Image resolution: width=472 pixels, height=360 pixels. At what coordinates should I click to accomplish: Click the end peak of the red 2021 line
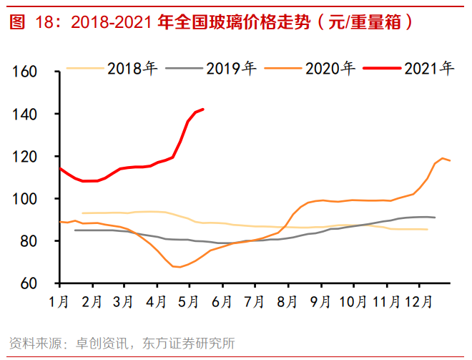[203, 110]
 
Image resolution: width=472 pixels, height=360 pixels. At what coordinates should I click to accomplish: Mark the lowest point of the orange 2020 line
[179, 267]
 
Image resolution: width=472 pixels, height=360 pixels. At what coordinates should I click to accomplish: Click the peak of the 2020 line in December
[443, 158]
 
